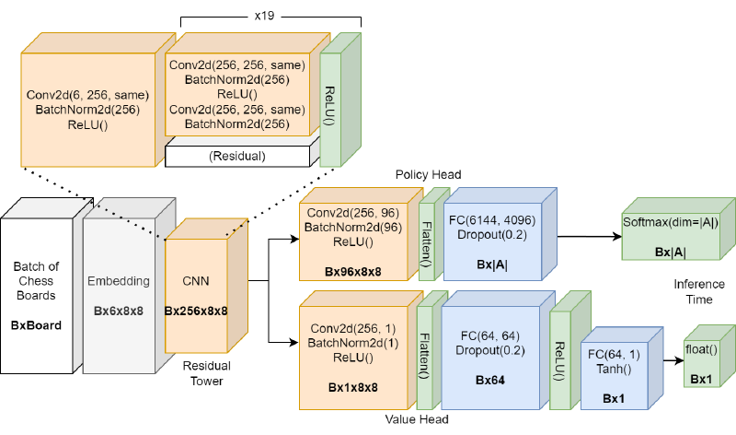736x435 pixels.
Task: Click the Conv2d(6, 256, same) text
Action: [87, 94]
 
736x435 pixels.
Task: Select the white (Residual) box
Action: [237, 156]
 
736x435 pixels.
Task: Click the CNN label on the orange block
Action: [196, 280]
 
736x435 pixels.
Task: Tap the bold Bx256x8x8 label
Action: [196, 312]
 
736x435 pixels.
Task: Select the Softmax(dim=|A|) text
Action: [671, 222]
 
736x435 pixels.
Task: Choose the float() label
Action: [701, 349]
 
